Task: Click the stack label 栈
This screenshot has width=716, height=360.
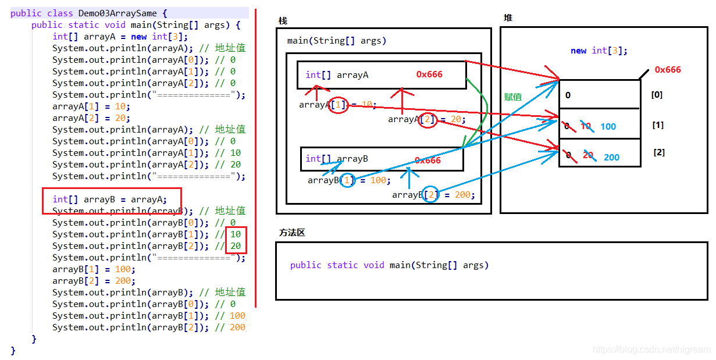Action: tap(283, 21)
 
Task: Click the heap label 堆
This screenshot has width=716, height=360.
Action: tap(508, 18)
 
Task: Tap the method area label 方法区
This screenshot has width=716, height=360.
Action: tap(292, 233)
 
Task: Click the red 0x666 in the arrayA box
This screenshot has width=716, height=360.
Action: tap(429, 74)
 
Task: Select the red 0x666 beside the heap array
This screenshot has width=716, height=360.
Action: tap(668, 70)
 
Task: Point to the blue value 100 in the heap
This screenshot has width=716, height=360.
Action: tap(608, 127)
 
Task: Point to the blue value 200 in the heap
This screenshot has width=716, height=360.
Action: tap(611, 158)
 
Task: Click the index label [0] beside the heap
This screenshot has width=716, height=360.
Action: tap(657, 95)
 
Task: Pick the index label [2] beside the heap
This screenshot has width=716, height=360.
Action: tap(659, 152)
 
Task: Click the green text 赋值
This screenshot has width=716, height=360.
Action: tap(512, 97)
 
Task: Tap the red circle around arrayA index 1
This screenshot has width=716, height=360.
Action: tap(339, 105)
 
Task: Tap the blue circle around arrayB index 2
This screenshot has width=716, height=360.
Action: tap(430, 195)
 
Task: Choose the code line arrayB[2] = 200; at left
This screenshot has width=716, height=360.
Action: tap(94, 281)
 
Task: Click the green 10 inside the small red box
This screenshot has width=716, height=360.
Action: tap(236, 234)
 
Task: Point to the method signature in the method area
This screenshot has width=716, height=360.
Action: tap(389, 265)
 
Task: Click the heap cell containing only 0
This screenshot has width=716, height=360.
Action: tap(599, 95)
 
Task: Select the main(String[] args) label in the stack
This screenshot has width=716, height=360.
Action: tap(336, 41)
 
